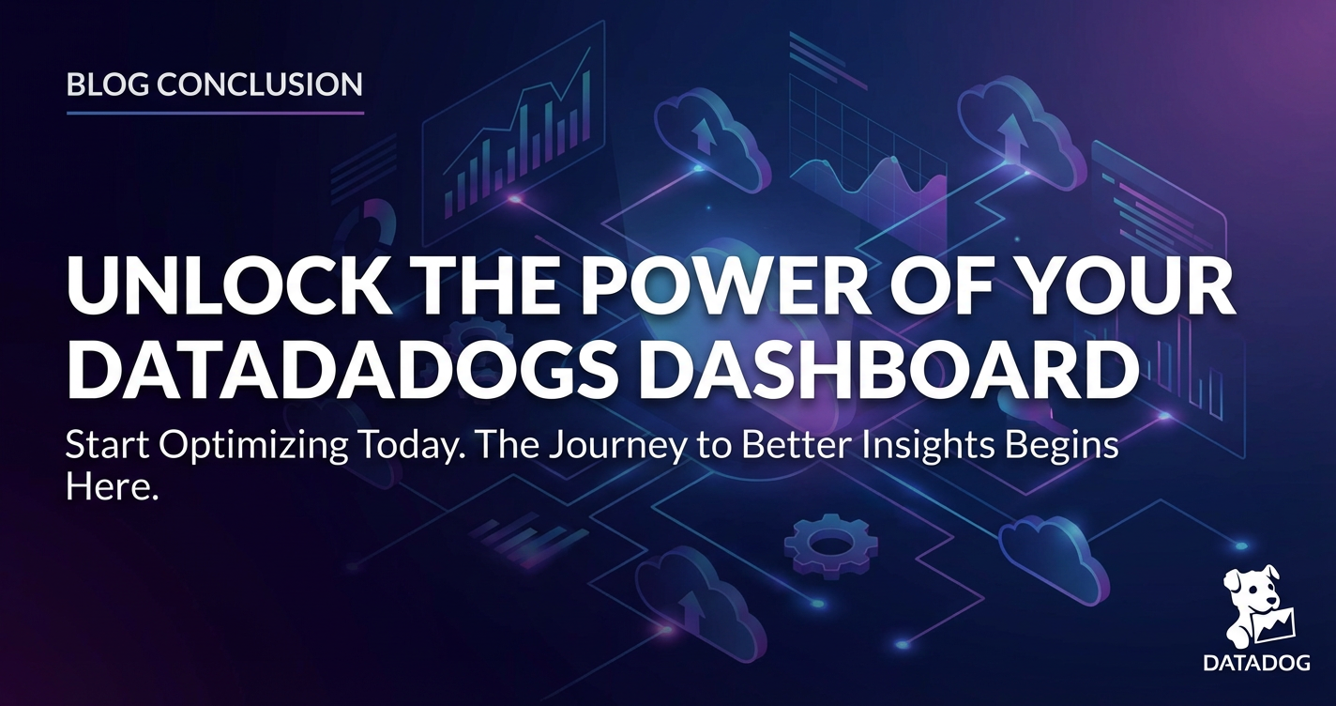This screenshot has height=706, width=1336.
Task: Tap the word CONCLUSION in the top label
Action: coord(260,84)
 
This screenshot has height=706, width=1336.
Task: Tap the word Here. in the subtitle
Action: coord(113,488)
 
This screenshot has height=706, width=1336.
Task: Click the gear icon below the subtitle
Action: coord(831,543)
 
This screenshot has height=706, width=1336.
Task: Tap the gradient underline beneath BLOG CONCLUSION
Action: coord(215,113)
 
